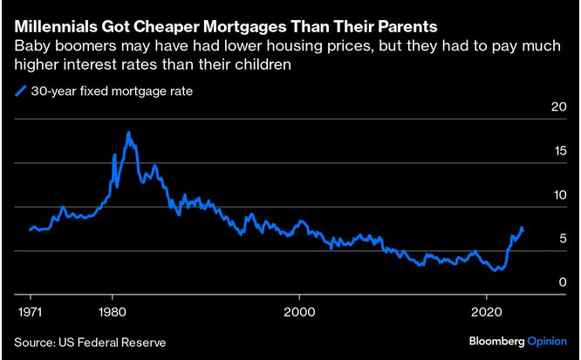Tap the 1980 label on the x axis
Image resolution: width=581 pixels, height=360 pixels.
[x=113, y=310]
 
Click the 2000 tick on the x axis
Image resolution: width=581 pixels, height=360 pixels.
[x=300, y=310]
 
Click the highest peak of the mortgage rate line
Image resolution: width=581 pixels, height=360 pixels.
[x=128, y=132]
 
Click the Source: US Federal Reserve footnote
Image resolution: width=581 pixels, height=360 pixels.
[x=90, y=343]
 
